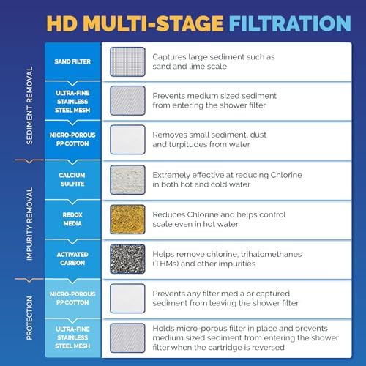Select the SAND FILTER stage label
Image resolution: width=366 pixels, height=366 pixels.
(x=73, y=61)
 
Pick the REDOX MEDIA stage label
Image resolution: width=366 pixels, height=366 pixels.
(x=73, y=219)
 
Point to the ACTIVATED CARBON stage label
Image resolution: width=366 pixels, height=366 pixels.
(x=73, y=258)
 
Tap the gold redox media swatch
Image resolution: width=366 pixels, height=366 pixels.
(x=127, y=219)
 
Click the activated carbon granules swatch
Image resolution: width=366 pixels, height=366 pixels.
(x=127, y=258)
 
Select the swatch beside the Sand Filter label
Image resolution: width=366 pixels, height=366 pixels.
(x=127, y=61)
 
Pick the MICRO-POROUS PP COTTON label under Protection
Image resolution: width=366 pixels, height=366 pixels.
(x=73, y=298)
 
